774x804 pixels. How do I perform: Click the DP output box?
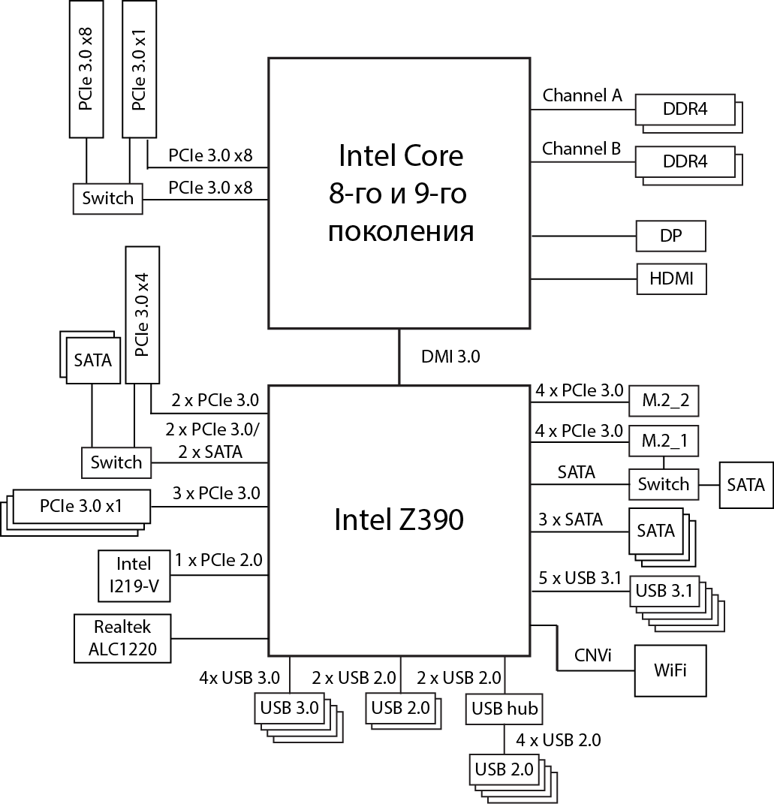tap(670, 236)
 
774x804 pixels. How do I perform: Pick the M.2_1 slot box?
tap(664, 441)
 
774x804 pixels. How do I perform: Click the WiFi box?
tap(670, 670)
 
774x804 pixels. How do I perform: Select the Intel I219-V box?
tap(134, 577)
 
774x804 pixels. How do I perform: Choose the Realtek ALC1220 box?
tap(122, 637)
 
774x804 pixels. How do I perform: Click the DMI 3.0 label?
tap(450, 357)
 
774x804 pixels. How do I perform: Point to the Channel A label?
tap(582, 95)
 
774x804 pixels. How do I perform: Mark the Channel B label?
tap(582, 149)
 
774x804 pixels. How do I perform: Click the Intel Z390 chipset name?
tap(399, 519)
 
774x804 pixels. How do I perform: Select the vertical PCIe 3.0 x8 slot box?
tap(86, 69)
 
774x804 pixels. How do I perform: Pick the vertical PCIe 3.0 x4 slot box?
tap(143, 315)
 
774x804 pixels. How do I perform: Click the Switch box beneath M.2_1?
tap(664, 484)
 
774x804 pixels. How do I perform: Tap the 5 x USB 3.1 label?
tap(580, 578)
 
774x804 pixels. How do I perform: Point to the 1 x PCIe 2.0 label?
tap(218, 559)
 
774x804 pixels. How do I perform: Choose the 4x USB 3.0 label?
tap(239, 679)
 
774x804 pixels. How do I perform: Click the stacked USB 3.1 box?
tap(664, 591)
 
